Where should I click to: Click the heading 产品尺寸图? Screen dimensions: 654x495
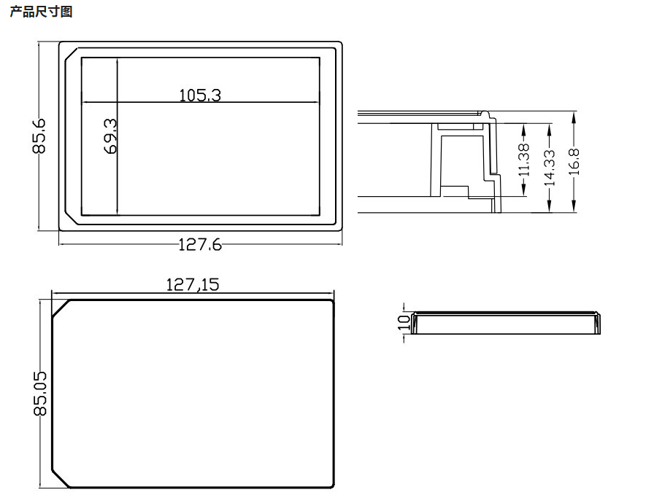coord(41,11)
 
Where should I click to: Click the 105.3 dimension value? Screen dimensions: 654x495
coord(200,96)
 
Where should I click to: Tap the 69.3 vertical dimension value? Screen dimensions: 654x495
coord(111,136)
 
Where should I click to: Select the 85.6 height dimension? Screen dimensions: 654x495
coord(39,136)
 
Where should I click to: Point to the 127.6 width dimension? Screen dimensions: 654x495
coord(200,244)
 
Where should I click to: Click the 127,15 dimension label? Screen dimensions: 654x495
coord(192,284)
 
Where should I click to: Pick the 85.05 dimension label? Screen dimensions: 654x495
coord(40,394)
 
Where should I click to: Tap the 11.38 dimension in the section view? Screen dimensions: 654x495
coord(524,159)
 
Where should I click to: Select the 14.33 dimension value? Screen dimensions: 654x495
coord(550,168)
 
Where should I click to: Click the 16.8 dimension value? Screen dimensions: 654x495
coord(574,162)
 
